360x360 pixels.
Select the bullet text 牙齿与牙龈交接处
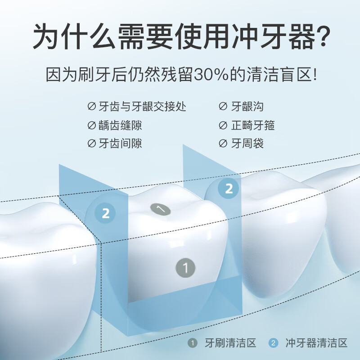(x=142, y=107)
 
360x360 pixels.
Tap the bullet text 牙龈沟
(x=247, y=107)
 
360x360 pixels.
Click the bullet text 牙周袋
(x=247, y=144)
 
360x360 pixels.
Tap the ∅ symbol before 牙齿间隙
(x=91, y=144)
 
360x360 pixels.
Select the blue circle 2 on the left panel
(x=106, y=213)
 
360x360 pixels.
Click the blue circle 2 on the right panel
(x=229, y=189)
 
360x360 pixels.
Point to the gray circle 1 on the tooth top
(x=161, y=209)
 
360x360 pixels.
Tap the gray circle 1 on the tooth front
(x=185, y=268)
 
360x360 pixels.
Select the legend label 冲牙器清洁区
(x=316, y=343)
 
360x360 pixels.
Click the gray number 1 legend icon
(x=193, y=343)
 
